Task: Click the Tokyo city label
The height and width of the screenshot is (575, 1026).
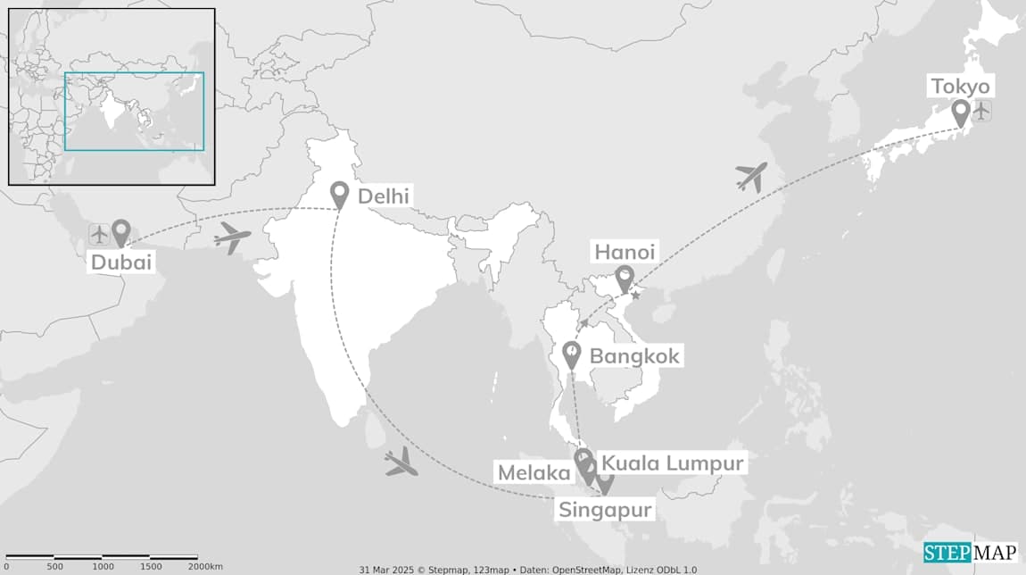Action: [x=960, y=87]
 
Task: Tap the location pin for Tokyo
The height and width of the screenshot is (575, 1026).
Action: [x=961, y=113]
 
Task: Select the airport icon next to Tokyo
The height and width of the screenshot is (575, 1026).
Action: [x=982, y=112]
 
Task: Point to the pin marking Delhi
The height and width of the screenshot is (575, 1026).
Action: [x=339, y=195]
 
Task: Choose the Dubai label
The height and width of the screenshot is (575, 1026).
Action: [x=121, y=262]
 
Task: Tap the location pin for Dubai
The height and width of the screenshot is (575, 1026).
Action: [x=120, y=233]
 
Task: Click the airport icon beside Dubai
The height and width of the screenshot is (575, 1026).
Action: [x=99, y=235]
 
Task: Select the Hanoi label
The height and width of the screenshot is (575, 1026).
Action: [x=625, y=253]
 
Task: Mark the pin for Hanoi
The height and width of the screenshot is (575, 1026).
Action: [x=625, y=279]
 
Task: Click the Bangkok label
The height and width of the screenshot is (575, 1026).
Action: [x=634, y=356]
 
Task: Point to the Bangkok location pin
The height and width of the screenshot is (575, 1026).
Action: [x=572, y=355]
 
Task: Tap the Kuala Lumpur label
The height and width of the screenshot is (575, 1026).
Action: [x=672, y=463]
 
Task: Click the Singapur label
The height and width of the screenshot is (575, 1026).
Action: [x=605, y=510]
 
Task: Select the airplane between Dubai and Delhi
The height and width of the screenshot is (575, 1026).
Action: [x=233, y=238]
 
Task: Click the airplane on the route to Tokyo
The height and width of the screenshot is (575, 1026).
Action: [x=752, y=177]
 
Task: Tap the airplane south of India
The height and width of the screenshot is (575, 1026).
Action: [x=401, y=462]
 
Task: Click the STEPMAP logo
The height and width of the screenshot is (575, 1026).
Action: [x=970, y=552]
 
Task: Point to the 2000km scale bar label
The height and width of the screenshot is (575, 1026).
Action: [x=205, y=567]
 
